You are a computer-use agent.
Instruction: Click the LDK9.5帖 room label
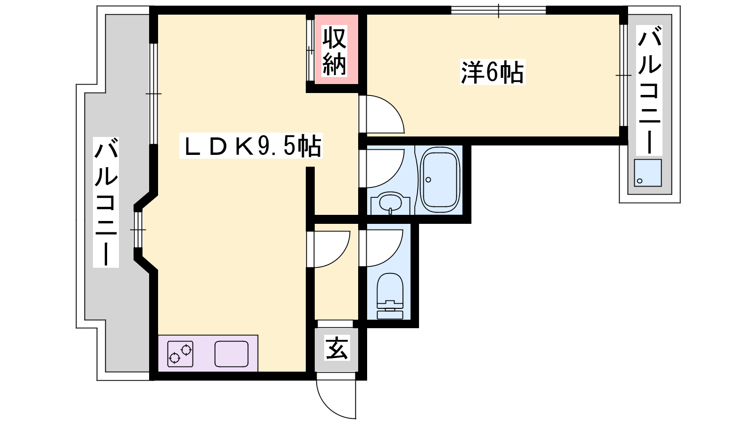click(x=251, y=145)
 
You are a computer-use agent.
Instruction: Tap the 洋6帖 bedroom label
click(x=493, y=72)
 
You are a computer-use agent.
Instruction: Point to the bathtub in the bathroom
click(x=440, y=179)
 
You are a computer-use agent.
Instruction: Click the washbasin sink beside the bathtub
click(x=390, y=204)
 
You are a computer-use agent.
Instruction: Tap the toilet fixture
click(x=390, y=296)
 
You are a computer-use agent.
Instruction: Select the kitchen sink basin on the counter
click(x=232, y=354)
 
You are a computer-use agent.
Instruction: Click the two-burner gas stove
click(x=180, y=354)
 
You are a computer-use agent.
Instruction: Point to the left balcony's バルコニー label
click(x=106, y=203)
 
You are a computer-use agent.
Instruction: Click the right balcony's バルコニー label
click(x=649, y=90)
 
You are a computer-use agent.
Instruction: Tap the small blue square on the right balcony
click(x=647, y=173)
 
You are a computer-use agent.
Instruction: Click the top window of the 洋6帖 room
click(x=498, y=10)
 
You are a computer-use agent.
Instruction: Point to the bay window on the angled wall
click(x=138, y=229)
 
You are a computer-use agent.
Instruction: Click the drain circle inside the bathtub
click(x=428, y=180)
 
